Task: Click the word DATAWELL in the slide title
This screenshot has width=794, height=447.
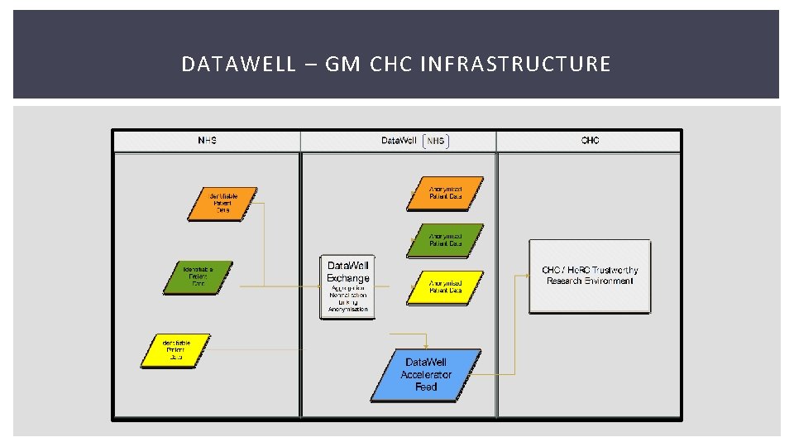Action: [x=238, y=64]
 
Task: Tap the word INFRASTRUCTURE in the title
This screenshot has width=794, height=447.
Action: [x=515, y=64]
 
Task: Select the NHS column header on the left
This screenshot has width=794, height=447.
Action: [x=207, y=141]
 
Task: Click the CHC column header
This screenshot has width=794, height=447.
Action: [x=590, y=141]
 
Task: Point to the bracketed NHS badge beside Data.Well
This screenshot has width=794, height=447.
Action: [x=436, y=141]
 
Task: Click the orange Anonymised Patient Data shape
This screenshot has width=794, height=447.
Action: [x=445, y=194]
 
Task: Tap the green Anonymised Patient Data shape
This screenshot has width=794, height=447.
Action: [x=445, y=240]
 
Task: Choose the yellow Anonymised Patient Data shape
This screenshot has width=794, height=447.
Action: [x=445, y=287]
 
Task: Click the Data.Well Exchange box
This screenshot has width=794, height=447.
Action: [x=347, y=286]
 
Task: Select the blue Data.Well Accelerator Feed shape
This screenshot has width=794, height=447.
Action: [x=426, y=374]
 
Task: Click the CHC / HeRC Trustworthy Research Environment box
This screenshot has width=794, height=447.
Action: [x=590, y=276]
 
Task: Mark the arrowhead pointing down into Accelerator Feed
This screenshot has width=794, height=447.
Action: [x=425, y=346]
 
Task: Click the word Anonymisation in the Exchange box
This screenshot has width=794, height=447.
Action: [x=347, y=310]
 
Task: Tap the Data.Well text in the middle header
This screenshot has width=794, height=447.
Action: [x=399, y=141]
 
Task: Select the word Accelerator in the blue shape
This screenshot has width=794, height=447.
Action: [x=426, y=375]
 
